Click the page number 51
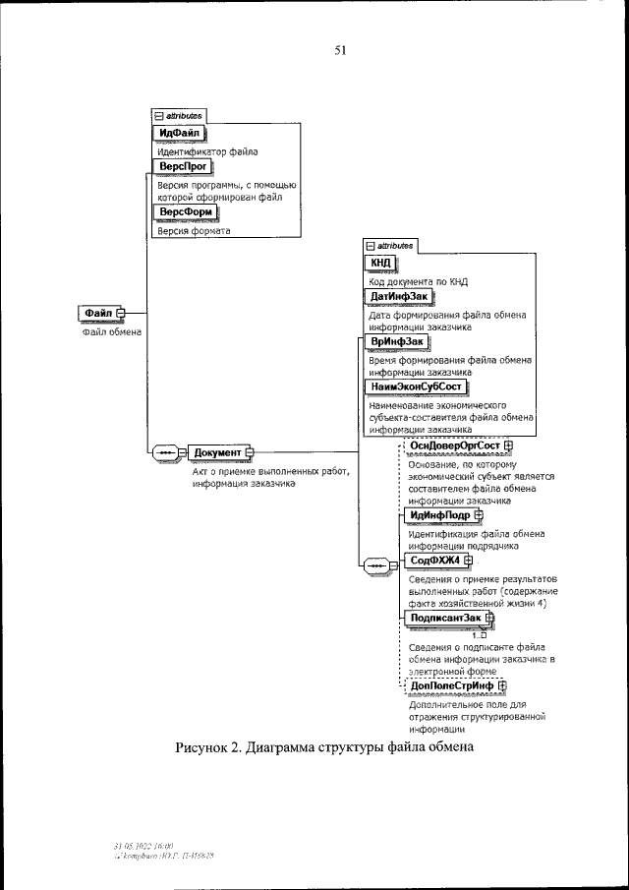tap(340, 52)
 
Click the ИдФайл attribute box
tap(180, 133)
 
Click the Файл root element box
tap(98, 313)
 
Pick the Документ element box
tap(217, 452)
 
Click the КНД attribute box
tap(381, 263)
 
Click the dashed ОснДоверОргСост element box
tap(455, 445)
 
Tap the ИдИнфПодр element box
tap(438, 513)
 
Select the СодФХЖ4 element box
tap(433, 561)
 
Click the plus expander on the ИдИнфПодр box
tap(479, 513)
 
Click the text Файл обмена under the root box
tap(111, 331)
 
